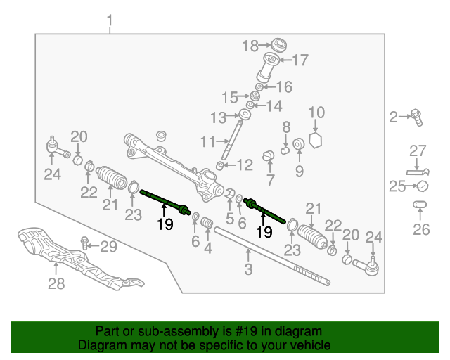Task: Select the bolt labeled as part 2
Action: click(x=416, y=116)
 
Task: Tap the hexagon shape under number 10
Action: click(x=316, y=139)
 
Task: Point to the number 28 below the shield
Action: click(x=56, y=283)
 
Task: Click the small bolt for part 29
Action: click(x=84, y=244)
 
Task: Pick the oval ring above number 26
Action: click(x=420, y=205)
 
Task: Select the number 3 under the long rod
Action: click(x=248, y=269)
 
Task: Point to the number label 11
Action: click(x=207, y=142)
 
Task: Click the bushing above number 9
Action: click(x=298, y=144)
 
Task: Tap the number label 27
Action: click(x=418, y=150)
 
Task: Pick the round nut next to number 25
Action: click(x=423, y=186)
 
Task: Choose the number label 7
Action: click(x=269, y=181)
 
